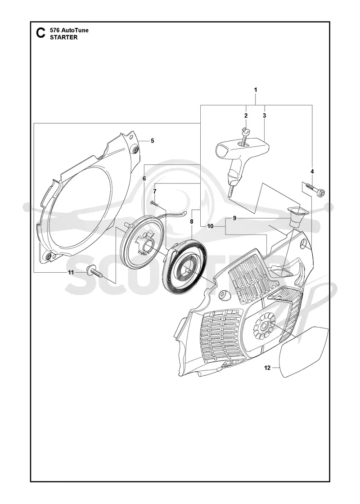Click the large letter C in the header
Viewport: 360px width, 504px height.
(x=40, y=33)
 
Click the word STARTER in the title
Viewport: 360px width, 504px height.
(x=63, y=37)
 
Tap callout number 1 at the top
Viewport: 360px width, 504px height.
(x=256, y=90)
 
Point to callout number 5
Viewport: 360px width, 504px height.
(x=153, y=141)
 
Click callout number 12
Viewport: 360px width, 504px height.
(x=267, y=368)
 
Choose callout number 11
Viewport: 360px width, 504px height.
(x=71, y=272)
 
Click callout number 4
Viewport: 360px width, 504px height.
(x=312, y=171)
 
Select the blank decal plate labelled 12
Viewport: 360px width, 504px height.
(x=304, y=351)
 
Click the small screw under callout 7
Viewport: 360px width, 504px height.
(x=155, y=203)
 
